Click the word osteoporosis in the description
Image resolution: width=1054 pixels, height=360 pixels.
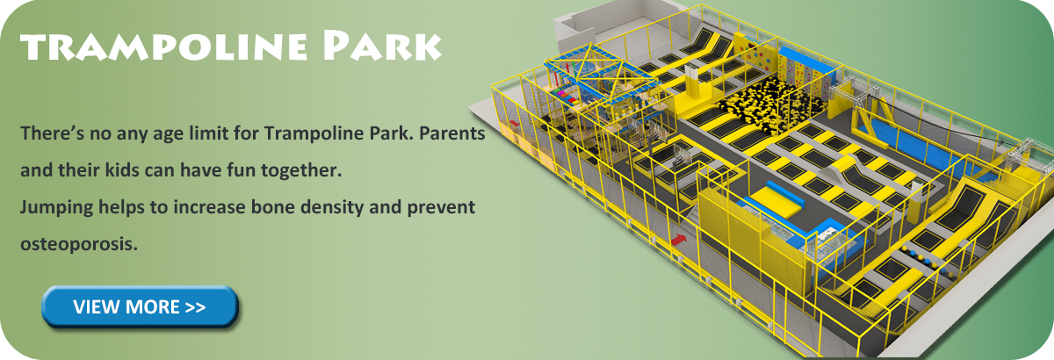click(78, 244)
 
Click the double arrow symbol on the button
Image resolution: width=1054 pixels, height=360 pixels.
click(195, 307)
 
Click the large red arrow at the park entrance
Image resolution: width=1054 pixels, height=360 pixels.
click(678, 240)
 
